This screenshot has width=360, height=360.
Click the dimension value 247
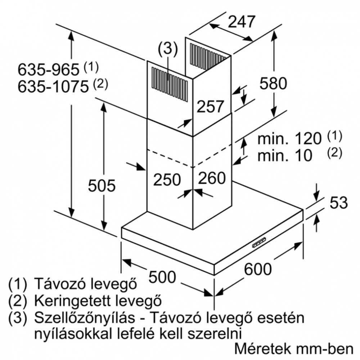click(242, 22)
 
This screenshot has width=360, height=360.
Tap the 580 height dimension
click(273, 83)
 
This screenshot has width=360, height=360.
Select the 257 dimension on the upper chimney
click(210, 106)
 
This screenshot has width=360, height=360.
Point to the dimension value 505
click(102, 185)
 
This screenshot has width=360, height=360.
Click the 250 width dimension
click(167, 179)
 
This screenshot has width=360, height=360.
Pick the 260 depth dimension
click(212, 178)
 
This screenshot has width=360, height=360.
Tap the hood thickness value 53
click(339, 203)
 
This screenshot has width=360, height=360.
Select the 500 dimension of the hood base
click(162, 277)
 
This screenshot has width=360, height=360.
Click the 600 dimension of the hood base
click(258, 269)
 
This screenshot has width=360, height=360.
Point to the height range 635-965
click(49, 69)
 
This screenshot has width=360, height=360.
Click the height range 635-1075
click(53, 87)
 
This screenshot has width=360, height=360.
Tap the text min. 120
click(289, 139)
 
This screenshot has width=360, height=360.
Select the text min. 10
click(285, 156)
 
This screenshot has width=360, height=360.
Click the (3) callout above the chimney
click(168, 49)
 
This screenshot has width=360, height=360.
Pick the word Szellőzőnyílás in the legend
click(85, 318)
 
